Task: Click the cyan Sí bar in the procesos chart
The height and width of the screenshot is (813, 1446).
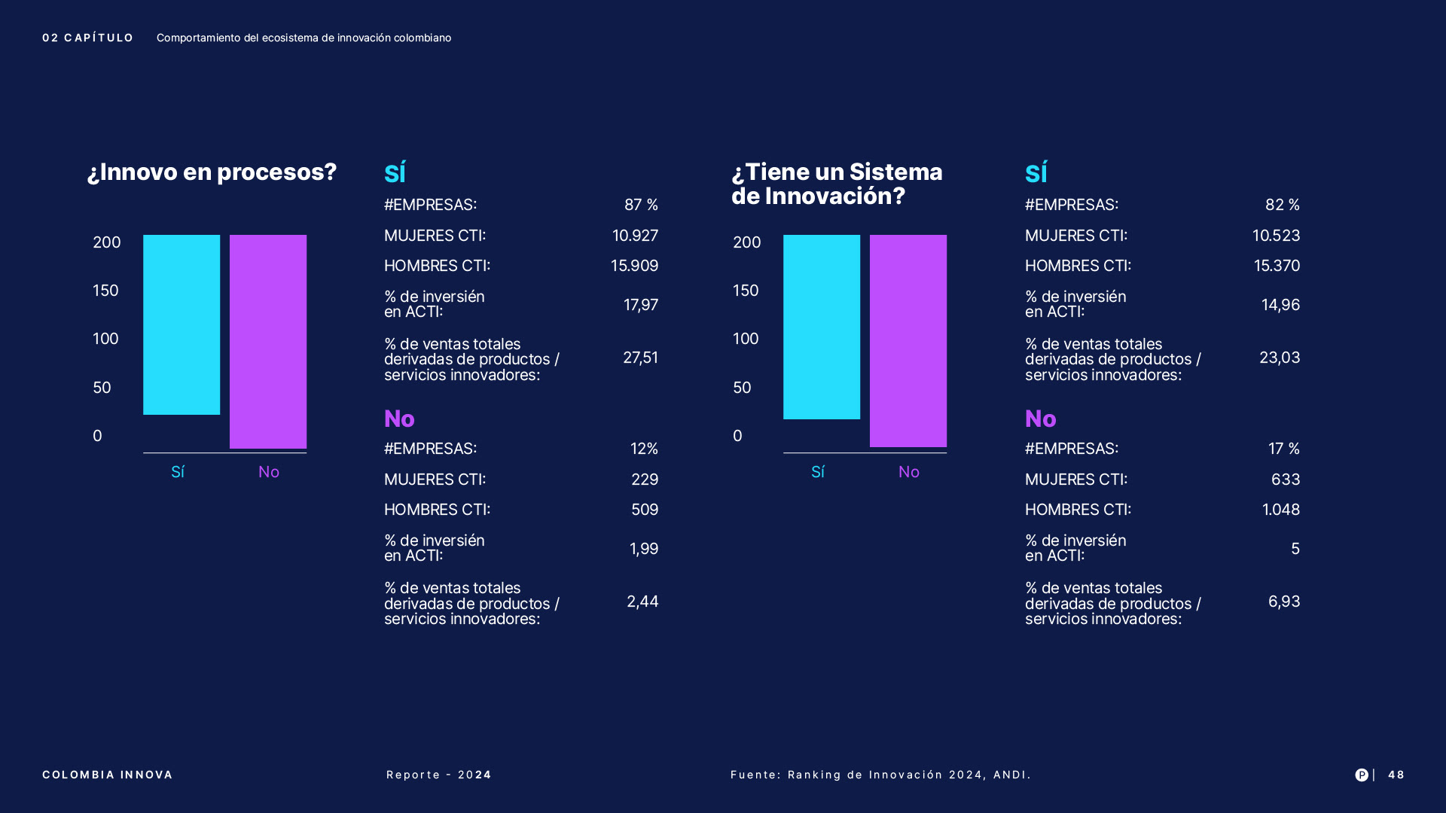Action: tap(182, 324)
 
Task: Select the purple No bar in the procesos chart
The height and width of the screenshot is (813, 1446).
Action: tap(268, 341)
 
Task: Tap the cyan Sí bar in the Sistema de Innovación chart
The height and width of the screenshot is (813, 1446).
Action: tap(822, 327)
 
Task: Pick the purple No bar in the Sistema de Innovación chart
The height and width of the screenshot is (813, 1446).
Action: tap(908, 340)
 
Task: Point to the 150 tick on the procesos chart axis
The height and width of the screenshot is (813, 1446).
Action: tap(105, 291)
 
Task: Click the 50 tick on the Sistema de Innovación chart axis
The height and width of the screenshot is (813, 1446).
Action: tap(742, 388)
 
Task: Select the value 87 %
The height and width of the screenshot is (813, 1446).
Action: tap(641, 205)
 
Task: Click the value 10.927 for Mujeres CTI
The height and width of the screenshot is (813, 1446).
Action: tap(635, 236)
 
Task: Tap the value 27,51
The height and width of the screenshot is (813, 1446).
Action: tap(640, 358)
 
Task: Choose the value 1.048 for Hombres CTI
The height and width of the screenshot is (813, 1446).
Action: tap(1280, 510)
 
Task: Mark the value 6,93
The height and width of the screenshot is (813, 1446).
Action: tap(1283, 601)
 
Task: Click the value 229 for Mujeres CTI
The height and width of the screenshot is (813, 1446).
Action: tap(644, 480)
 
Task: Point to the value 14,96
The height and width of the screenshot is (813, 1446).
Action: tap(1280, 305)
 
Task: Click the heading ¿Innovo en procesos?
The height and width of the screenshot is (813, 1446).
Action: tap(212, 172)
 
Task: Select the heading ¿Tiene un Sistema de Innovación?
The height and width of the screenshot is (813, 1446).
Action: tap(837, 184)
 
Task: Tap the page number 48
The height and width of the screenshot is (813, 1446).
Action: tap(1396, 775)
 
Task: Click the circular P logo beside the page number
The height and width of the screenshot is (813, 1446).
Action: tap(1362, 775)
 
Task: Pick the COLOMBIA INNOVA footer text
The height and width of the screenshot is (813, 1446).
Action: tap(108, 775)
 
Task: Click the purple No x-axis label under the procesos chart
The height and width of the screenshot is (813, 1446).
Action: tap(269, 472)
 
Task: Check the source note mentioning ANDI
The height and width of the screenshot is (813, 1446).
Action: tap(880, 775)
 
